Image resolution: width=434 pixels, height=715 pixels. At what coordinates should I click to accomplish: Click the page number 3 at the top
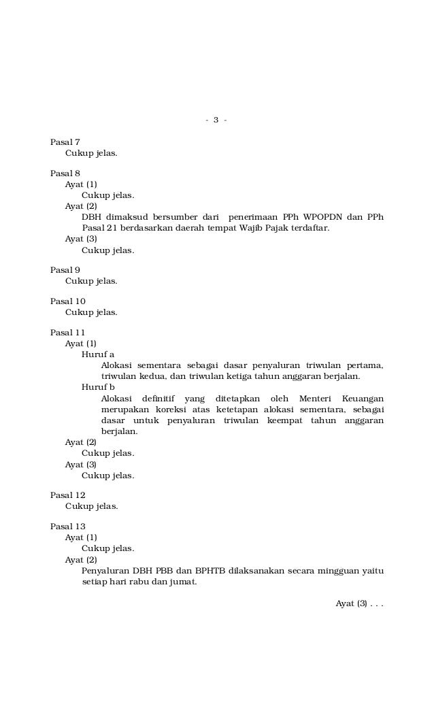pos(216,120)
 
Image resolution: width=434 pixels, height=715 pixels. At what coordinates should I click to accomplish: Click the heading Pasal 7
pos(65,142)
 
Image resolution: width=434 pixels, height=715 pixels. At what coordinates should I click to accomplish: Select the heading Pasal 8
pos(65,173)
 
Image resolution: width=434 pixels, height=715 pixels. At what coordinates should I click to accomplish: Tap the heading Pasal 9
pos(65,269)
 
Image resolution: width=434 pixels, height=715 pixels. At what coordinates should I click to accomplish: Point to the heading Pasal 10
pos(68,301)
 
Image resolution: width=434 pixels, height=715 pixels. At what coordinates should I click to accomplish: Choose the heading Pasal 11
pos(68,333)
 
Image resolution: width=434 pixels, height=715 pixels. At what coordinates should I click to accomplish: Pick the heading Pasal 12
pos(68,495)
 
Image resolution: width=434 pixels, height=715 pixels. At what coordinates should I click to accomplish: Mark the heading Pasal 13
pos(68,527)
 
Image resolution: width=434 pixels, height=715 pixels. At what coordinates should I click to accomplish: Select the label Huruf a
pos(98,354)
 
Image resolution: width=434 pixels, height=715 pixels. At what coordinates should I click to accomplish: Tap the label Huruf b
pos(98,387)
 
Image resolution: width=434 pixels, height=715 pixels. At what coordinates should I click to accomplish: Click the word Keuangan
pos(363,398)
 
